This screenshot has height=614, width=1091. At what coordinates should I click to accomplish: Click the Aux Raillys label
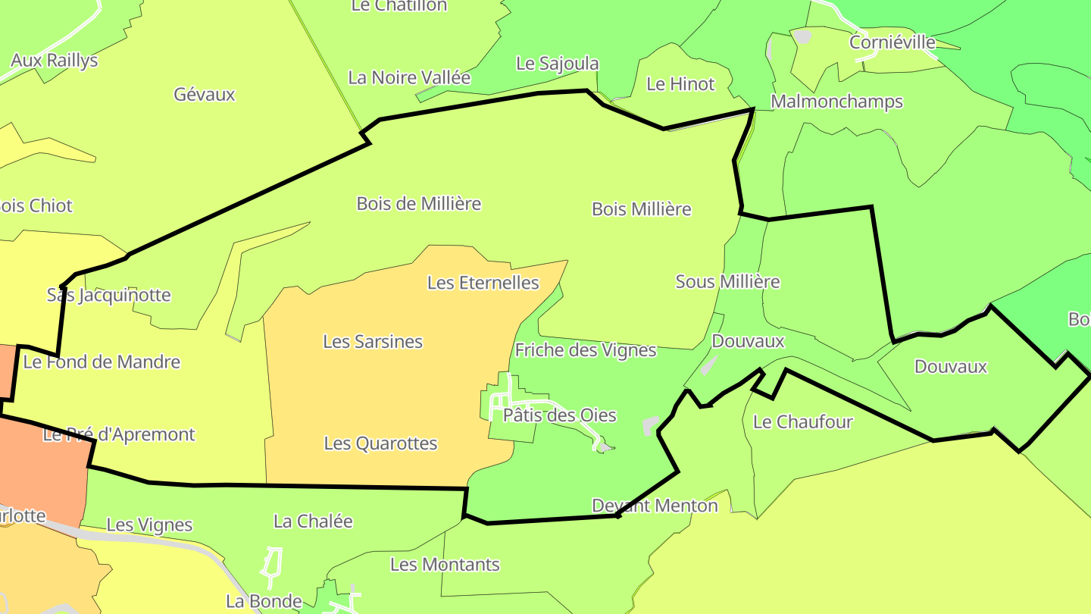point(55,61)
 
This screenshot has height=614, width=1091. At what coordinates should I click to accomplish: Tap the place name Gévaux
point(205,95)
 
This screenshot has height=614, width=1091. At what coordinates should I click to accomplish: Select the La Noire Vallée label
point(409,77)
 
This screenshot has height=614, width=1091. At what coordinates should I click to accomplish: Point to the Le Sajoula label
point(558,64)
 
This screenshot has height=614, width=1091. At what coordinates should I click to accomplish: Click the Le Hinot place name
point(680,84)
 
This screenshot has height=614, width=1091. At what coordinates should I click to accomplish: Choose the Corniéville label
point(892,42)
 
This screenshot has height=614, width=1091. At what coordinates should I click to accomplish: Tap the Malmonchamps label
point(836,102)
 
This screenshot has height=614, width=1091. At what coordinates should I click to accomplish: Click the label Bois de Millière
point(419,204)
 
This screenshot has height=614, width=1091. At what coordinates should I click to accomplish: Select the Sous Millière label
point(727,282)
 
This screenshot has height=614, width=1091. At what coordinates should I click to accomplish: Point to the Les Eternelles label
point(483,284)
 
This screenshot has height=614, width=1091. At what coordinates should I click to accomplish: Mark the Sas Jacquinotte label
point(109,296)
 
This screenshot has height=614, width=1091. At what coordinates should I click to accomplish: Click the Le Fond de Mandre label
point(102,362)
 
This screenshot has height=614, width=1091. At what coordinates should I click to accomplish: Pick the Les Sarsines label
point(373,342)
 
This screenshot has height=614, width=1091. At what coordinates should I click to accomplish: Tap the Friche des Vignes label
point(586,350)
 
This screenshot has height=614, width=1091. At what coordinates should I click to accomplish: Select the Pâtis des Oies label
point(560,415)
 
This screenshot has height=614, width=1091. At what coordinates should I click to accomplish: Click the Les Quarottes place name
point(380,443)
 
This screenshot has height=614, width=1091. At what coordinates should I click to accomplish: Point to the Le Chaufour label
point(803,422)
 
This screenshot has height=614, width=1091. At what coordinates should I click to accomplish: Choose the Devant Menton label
point(655,506)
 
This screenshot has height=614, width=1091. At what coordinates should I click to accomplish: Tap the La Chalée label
point(313,522)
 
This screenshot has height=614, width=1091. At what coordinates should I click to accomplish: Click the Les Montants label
point(445,565)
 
